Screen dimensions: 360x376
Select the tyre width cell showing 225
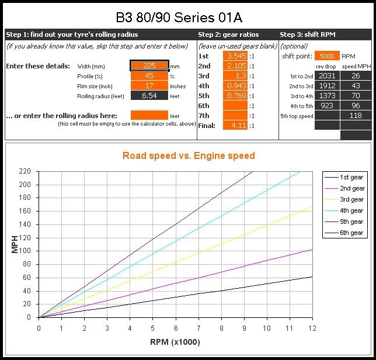pos(149,66)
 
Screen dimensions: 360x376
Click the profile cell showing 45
pos(149,76)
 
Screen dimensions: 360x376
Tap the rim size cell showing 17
pos(149,86)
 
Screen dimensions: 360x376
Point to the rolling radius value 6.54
pos(149,96)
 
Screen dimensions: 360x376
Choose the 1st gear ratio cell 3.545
pos(235,56)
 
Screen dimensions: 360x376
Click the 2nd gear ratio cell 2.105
pos(235,66)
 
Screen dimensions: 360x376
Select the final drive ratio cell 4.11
pos(235,126)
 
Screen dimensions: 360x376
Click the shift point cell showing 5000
pos(326,56)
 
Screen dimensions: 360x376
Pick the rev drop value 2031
pos(327,76)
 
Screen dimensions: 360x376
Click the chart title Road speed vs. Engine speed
pos(189,155)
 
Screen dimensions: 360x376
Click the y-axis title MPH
pos(15,244)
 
